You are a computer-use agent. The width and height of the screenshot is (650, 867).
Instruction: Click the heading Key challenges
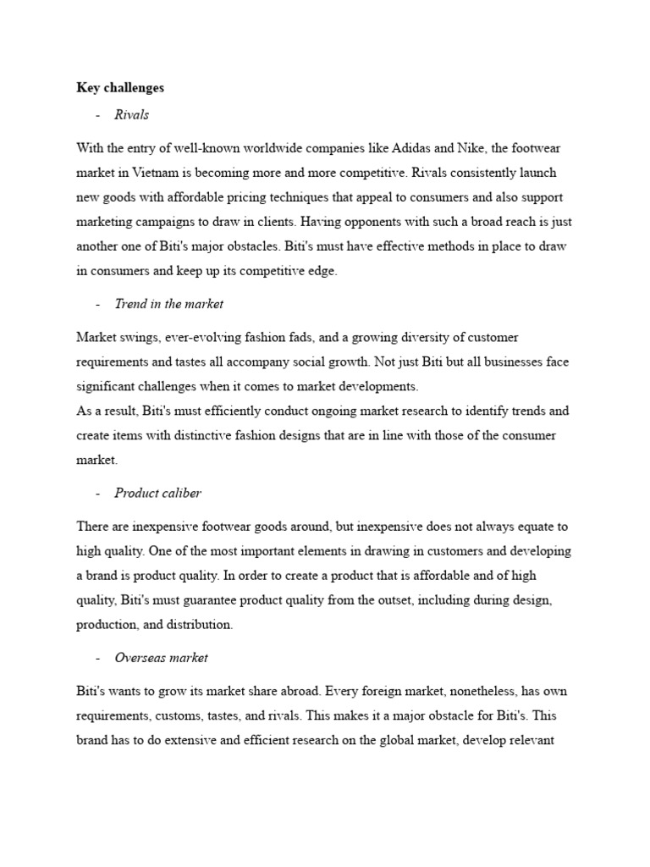click(x=120, y=87)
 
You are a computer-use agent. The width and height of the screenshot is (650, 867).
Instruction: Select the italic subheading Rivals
click(x=132, y=114)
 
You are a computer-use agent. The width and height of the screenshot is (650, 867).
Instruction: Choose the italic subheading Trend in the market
click(x=169, y=303)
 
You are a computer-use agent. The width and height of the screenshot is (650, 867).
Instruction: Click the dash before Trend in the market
click(x=99, y=303)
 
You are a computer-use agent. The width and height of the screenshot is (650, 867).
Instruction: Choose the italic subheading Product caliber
click(x=158, y=493)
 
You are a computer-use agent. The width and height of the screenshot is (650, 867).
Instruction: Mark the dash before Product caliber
click(x=99, y=493)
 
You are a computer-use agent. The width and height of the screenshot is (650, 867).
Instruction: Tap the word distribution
click(x=197, y=625)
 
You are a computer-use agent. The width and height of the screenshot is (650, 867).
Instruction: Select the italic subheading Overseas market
click(x=162, y=658)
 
